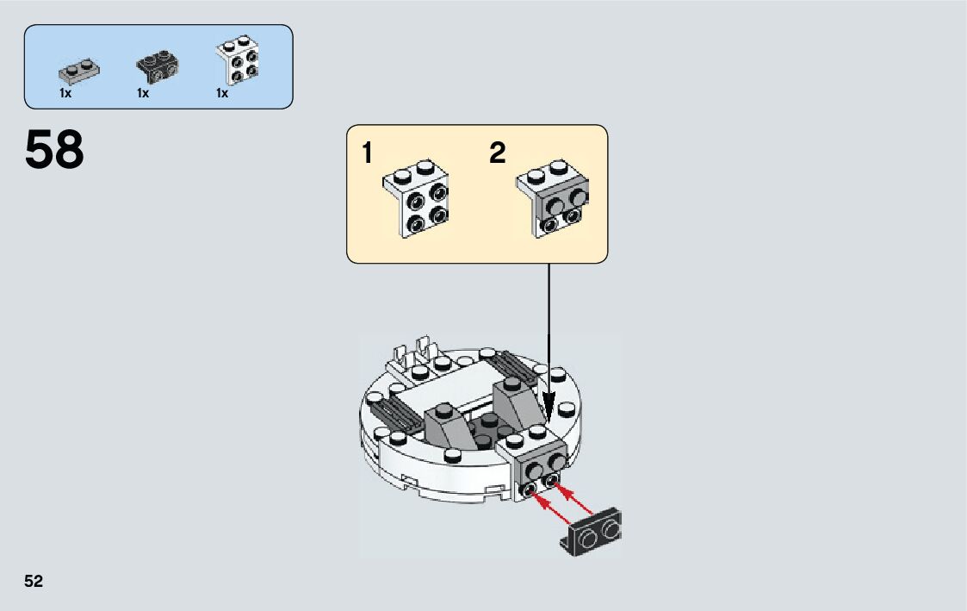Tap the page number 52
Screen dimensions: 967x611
coord(34,582)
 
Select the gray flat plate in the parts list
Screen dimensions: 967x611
coord(76,69)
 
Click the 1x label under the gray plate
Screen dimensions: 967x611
coord(65,93)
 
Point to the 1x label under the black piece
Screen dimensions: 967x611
coord(143,93)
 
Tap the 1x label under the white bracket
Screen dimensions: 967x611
coord(222,93)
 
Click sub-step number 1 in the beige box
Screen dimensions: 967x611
coord(368,154)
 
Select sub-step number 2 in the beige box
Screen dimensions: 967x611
coord(498,154)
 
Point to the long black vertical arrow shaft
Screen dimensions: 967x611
coord(549,336)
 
